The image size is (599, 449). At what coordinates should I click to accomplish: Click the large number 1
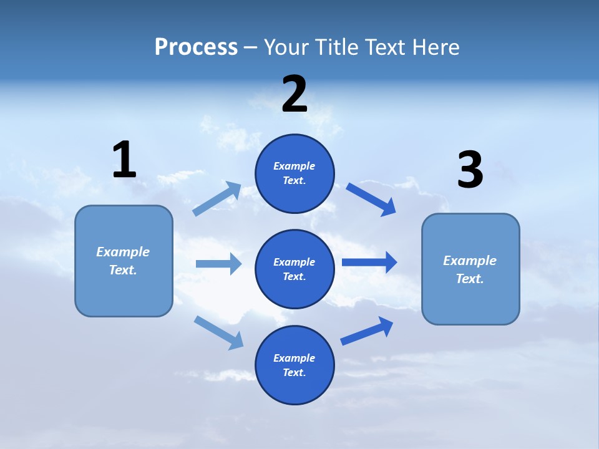tap(124, 160)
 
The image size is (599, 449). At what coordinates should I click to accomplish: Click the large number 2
tap(295, 94)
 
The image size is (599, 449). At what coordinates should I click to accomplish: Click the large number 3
tap(470, 170)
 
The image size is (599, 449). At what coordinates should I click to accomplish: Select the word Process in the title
tap(196, 47)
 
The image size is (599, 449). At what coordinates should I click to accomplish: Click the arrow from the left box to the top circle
tap(217, 199)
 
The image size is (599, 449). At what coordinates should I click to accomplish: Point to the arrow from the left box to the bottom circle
tap(218, 332)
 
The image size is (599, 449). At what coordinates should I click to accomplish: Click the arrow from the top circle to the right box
tap(371, 200)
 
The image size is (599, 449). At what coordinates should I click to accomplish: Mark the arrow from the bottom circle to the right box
tap(367, 331)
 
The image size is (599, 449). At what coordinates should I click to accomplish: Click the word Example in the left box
tap(123, 252)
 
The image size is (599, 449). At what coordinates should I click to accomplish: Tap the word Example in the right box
tap(470, 261)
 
